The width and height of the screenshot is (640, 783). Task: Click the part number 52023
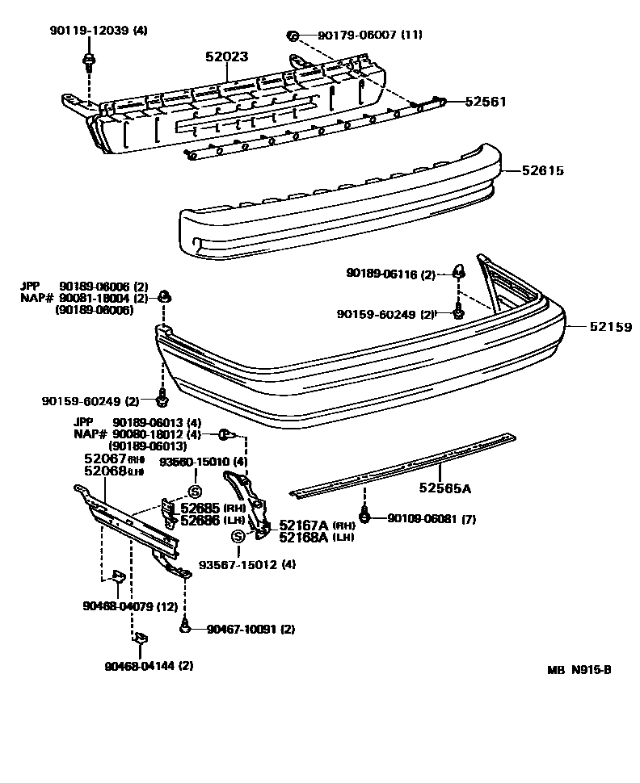pos(226,57)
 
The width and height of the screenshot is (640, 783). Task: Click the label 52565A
pos(444,488)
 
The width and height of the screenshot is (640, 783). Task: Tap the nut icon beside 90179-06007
pos(294,35)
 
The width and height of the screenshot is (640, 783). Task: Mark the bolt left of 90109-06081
pos(364,516)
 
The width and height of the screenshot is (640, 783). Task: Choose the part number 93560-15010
pos(193,462)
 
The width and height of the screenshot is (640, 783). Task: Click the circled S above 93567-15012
pos(238,536)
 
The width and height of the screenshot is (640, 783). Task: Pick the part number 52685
pos(200,509)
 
